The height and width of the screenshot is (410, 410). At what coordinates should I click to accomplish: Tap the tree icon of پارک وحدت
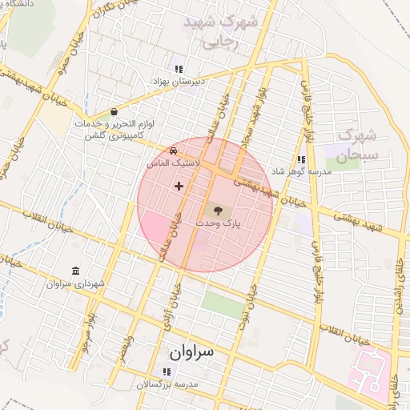[215, 211]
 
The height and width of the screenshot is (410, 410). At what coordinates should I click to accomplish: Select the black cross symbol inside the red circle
[178, 186]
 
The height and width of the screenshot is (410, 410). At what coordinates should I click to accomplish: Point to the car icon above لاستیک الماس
[173, 151]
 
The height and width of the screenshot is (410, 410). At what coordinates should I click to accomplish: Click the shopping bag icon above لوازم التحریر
[115, 112]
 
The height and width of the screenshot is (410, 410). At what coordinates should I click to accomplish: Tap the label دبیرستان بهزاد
[179, 82]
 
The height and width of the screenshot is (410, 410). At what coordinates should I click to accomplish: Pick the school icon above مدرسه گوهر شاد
[301, 159]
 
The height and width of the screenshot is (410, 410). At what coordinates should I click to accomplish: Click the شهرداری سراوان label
[76, 283]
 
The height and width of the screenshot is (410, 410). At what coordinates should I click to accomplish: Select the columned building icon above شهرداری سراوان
[75, 270]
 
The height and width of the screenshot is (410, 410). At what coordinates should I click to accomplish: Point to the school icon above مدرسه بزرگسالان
[167, 372]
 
